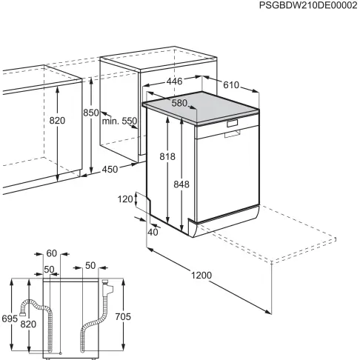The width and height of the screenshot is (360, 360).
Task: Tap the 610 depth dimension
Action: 231,84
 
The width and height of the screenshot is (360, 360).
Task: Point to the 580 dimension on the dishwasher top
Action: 180,104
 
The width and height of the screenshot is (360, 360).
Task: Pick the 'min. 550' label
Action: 120,120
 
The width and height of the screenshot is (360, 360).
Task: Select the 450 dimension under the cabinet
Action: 110,170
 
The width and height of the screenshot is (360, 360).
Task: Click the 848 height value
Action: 181,184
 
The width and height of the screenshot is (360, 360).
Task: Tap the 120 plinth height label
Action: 124,199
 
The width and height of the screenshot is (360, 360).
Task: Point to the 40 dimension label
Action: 153,232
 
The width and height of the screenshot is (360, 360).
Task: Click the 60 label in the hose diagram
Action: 51,253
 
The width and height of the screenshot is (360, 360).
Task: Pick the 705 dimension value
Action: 123,316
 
